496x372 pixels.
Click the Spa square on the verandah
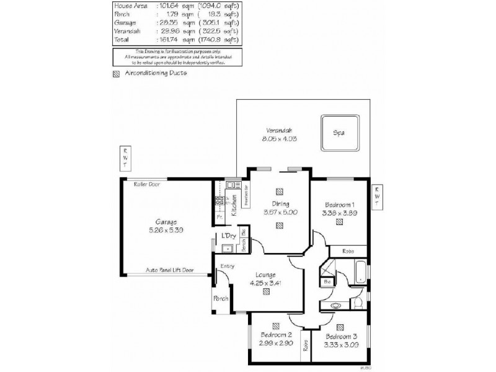click(340, 133)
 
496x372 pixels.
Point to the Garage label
click(167, 221)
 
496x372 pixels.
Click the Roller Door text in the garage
click(146, 184)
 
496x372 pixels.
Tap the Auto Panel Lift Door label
click(170, 270)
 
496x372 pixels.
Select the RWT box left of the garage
click(125, 157)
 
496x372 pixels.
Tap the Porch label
click(221, 299)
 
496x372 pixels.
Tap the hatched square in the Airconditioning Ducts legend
click(117, 73)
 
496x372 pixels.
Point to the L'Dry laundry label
click(228, 236)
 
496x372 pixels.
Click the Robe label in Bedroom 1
click(348, 251)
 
